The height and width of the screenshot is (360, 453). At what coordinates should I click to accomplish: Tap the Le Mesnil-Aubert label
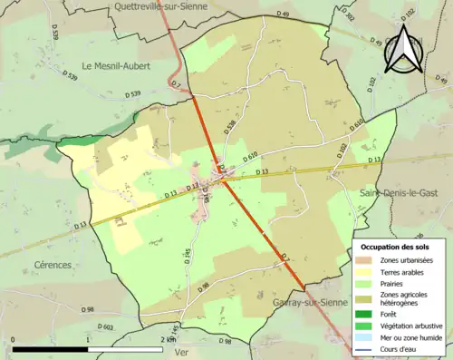(119, 65)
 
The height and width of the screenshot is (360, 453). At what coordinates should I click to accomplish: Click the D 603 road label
(106, 327)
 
